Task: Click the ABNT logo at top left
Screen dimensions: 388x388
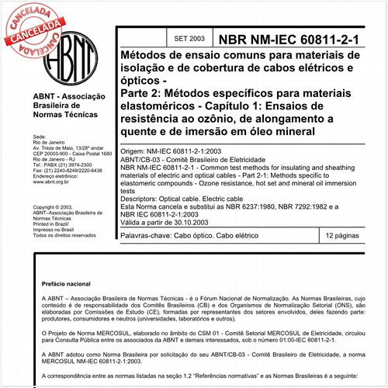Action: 69,57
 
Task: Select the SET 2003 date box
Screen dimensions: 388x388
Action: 189,37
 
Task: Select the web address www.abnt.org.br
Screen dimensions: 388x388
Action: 54,182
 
